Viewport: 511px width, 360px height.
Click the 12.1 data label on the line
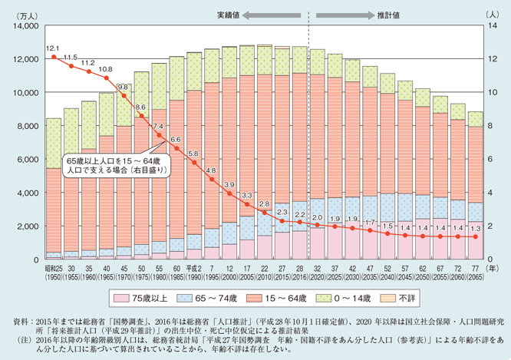[53, 48]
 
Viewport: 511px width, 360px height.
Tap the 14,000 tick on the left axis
[25, 26]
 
